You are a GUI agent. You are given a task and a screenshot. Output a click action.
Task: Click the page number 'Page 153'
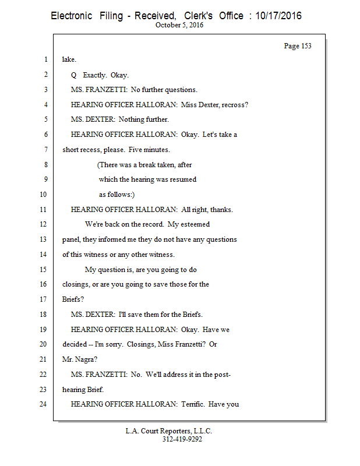[x=297, y=46]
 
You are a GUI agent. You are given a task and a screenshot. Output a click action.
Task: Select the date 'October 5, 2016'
[x=179, y=25]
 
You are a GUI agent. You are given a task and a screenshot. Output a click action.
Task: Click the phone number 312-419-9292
[x=182, y=439]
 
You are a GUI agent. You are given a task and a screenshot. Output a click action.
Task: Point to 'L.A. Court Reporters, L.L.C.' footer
[x=169, y=431]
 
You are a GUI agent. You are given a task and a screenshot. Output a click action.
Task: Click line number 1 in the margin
[x=45, y=59]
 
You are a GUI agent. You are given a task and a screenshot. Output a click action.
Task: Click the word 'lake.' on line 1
[x=69, y=59]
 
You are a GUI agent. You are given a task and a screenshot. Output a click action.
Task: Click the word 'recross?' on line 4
[x=235, y=105]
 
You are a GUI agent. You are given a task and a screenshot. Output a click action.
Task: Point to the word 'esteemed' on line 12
[x=195, y=224]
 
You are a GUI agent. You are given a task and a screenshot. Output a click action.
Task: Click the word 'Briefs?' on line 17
[x=73, y=299]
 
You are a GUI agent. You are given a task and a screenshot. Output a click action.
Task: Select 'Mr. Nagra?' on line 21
[x=80, y=359]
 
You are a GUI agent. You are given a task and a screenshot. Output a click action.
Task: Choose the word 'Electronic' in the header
[x=72, y=16]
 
